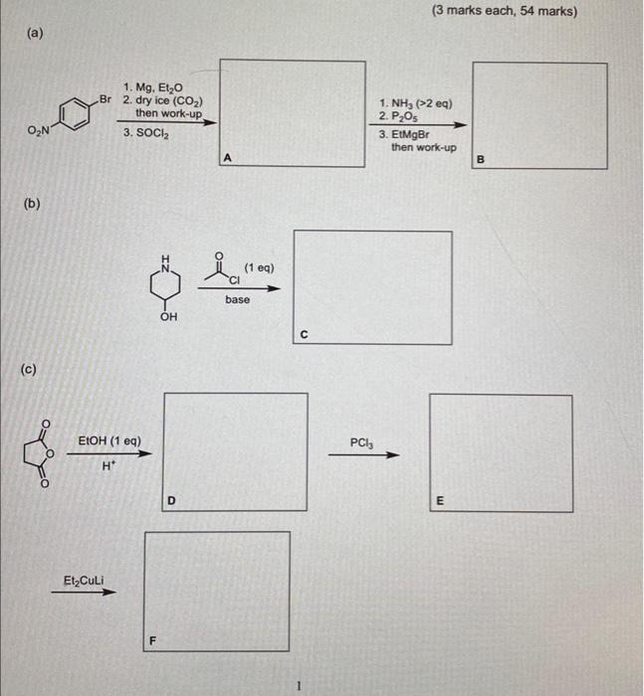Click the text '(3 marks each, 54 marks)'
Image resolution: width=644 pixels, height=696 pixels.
[x=504, y=12]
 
